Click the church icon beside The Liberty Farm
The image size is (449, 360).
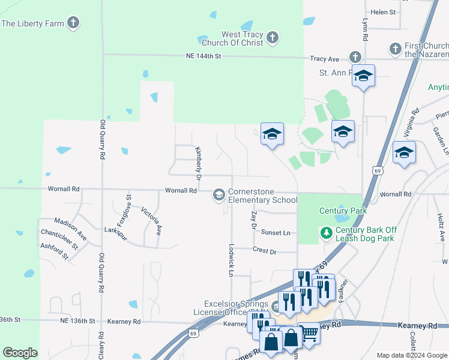tap(73, 23)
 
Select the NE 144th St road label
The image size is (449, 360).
tap(203, 56)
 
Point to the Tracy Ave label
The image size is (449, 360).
tap(325, 59)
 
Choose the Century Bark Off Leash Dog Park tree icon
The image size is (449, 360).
tap(327, 232)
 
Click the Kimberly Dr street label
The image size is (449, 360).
tap(197, 163)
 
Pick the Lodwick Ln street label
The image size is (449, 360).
tap(231, 259)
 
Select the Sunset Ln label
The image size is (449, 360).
tap(276, 233)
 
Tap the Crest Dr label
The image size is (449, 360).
tap(264, 251)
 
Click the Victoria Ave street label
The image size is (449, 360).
tap(151, 221)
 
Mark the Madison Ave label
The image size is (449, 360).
tap(70, 230)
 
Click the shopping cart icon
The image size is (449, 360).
tap(309, 332)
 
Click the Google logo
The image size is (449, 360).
tap(20, 353)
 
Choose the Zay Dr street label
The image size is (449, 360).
tap(254, 220)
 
